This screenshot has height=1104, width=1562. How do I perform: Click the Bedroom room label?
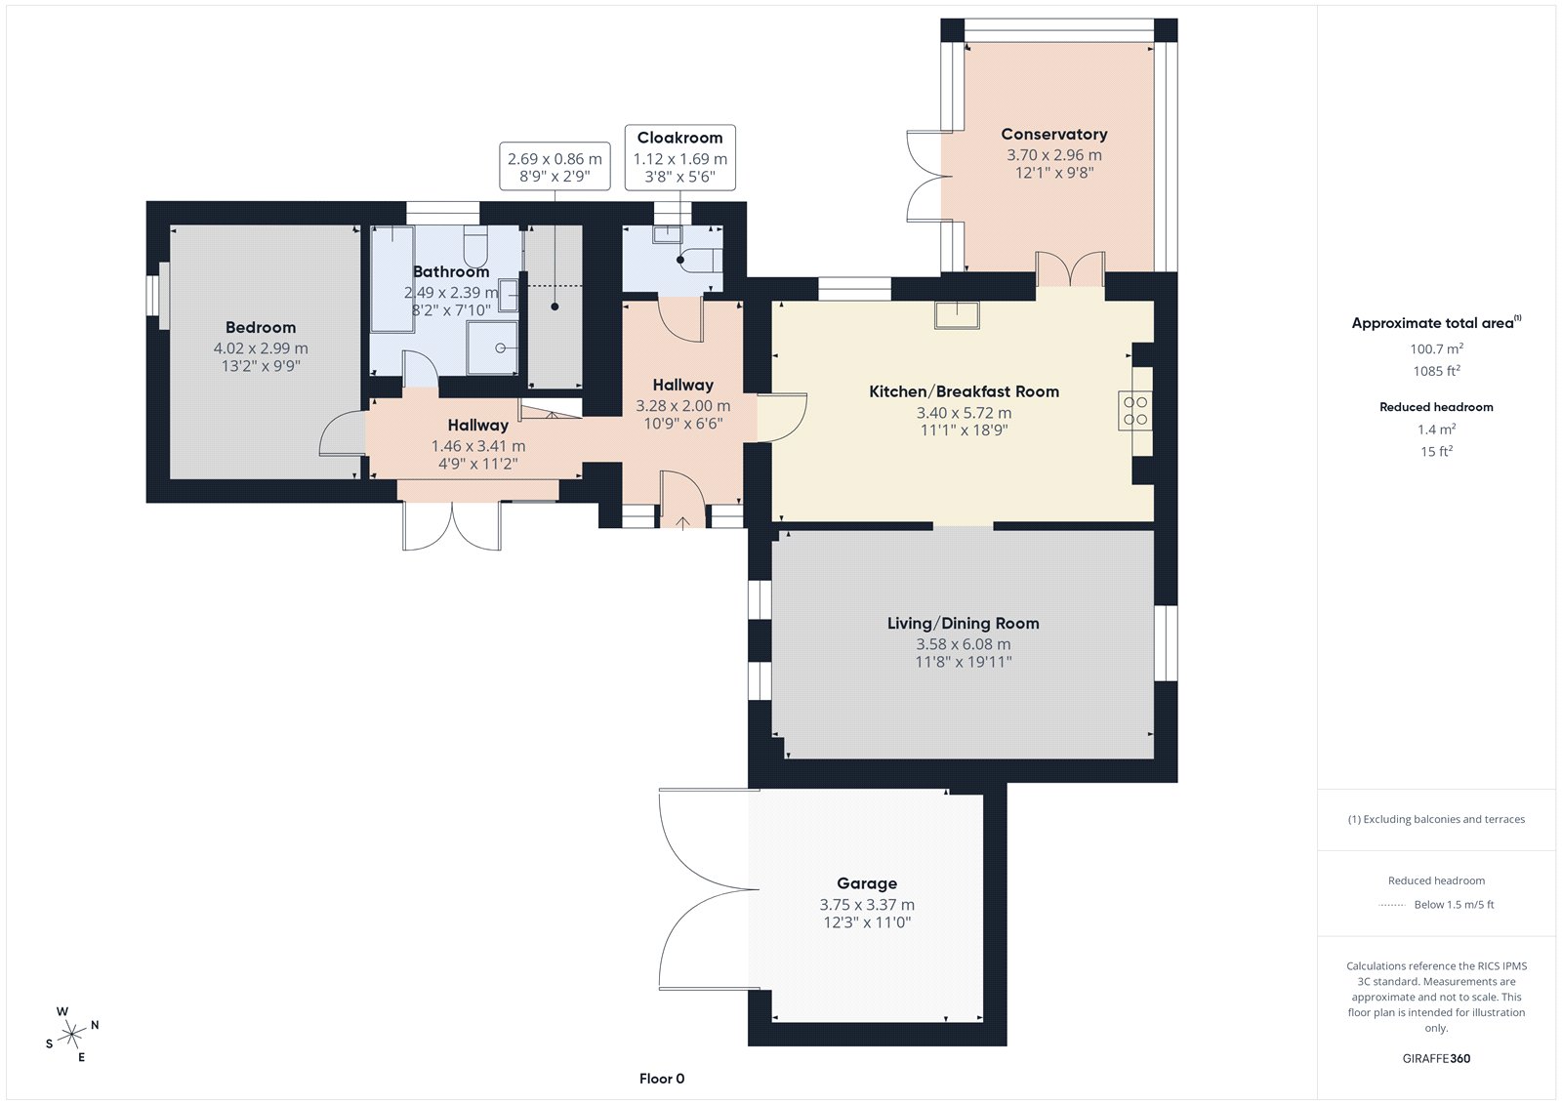coord(260,328)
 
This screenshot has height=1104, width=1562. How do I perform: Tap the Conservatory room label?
coord(1053,134)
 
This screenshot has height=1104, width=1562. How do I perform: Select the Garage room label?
coord(867,883)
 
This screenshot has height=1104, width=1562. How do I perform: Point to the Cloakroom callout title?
coord(679,138)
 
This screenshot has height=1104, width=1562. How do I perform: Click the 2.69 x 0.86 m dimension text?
coord(555,159)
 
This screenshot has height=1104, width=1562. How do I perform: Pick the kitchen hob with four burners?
coord(1135,411)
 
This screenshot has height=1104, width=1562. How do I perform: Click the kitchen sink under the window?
coord(957,314)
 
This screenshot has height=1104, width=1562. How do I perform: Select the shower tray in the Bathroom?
coord(492,348)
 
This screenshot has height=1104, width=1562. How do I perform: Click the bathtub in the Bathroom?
coord(391,279)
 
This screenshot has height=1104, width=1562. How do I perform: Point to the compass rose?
coord(72,1034)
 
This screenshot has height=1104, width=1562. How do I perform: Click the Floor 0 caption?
coord(662,1079)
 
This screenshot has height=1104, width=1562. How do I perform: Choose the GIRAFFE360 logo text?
coord(1436,1058)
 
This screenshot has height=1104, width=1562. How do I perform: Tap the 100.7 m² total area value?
coord(1436,348)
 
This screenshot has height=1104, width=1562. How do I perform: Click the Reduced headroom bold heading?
coord(1436,407)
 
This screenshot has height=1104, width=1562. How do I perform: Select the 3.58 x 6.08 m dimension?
coord(963,644)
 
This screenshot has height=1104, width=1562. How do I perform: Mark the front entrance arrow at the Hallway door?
coord(682,522)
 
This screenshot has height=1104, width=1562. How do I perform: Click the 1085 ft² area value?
coord(1436,370)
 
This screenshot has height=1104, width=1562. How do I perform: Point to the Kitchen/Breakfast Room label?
coord(964,392)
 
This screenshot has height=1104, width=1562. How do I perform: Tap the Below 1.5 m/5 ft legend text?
coord(1454,905)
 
